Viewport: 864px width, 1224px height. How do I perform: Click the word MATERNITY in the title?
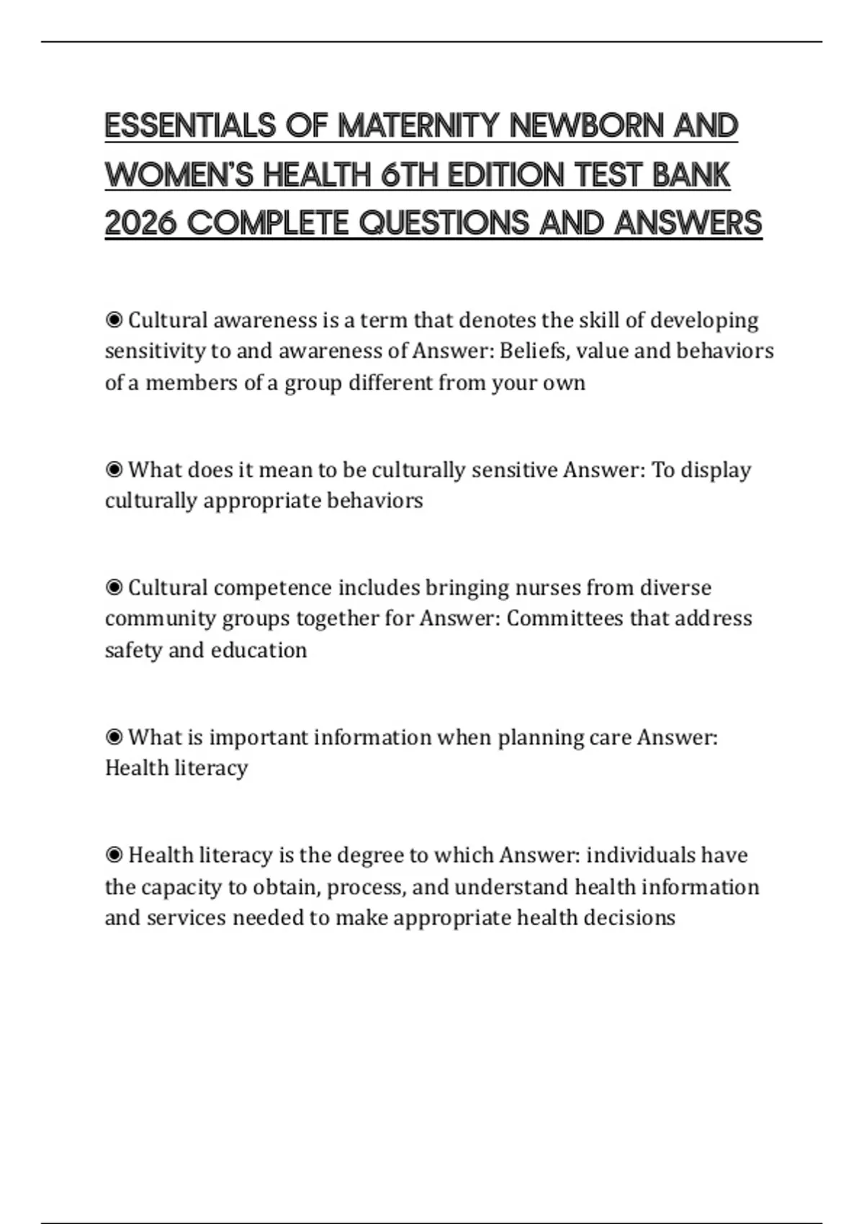pyautogui.click(x=418, y=126)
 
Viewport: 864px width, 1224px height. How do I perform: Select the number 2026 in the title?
pyautogui.click(x=140, y=223)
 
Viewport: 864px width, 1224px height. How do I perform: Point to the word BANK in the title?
pyautogui.click(x=691, y=175)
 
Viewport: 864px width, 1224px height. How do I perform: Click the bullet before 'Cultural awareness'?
pyautogui.click(x=114, y=320)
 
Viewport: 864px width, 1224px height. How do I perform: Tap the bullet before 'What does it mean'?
pyautogui.click(x=114, y=469)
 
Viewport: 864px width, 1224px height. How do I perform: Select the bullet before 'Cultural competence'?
pyautogui.click(x=114, y=588)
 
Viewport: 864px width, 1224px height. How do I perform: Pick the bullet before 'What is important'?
pyautogui.click(x=114, y=737)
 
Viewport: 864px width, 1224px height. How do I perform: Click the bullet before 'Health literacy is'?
pyautogui.click(x=114, y=855)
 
